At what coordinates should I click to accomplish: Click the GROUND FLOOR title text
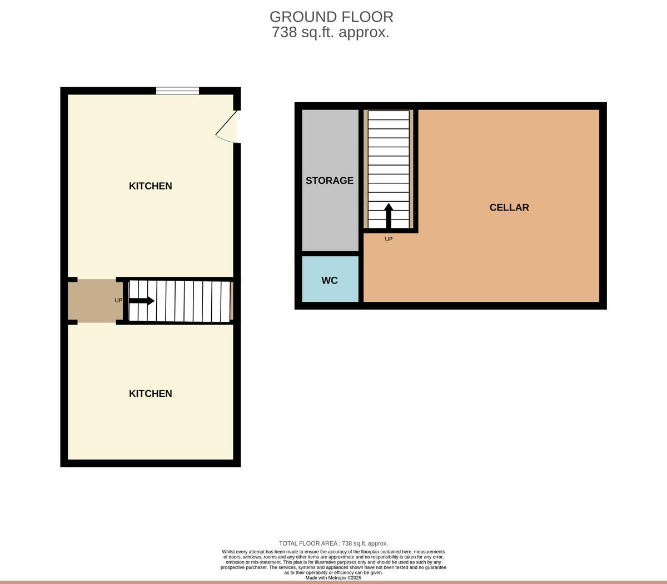331,17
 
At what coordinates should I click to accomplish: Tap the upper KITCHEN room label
150,186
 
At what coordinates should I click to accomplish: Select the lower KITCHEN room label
150,393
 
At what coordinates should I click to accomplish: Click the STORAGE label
330,181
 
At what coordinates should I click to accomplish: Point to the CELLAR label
509,207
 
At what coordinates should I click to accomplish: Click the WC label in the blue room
330,281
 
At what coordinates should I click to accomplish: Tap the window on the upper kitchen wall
177,91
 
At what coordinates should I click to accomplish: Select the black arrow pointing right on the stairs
142,301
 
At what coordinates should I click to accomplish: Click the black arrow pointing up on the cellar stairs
389,216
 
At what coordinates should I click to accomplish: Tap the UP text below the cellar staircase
389,239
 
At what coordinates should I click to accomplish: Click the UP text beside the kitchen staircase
118,301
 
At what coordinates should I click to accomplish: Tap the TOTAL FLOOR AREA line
333,543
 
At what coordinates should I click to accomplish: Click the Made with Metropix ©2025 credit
333,578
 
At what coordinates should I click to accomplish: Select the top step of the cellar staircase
389,116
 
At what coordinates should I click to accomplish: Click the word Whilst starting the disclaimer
228,552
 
